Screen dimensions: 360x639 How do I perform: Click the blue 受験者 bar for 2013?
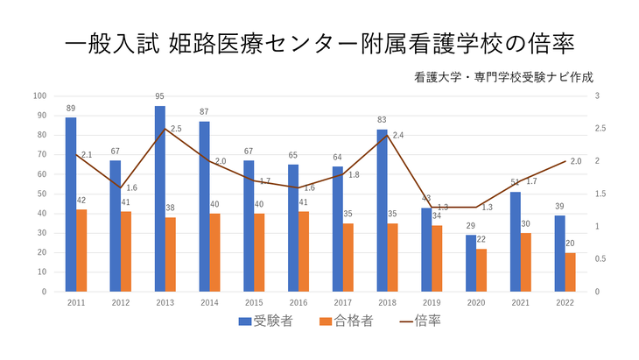(160, 199)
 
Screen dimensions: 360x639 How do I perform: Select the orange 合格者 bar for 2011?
(81, 251)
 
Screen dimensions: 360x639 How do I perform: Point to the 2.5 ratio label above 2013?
(176, 129)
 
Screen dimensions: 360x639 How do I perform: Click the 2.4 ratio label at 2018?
(398, 136)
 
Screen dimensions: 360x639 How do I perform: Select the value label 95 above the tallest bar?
(160, 96)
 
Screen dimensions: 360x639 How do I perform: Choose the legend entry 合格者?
(347, 321)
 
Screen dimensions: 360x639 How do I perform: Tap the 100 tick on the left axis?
(40, 95)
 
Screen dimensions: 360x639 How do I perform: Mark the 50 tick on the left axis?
(42, 194)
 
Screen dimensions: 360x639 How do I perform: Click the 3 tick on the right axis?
(596, 95)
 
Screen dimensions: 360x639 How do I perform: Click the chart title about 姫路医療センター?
(319, 44)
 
